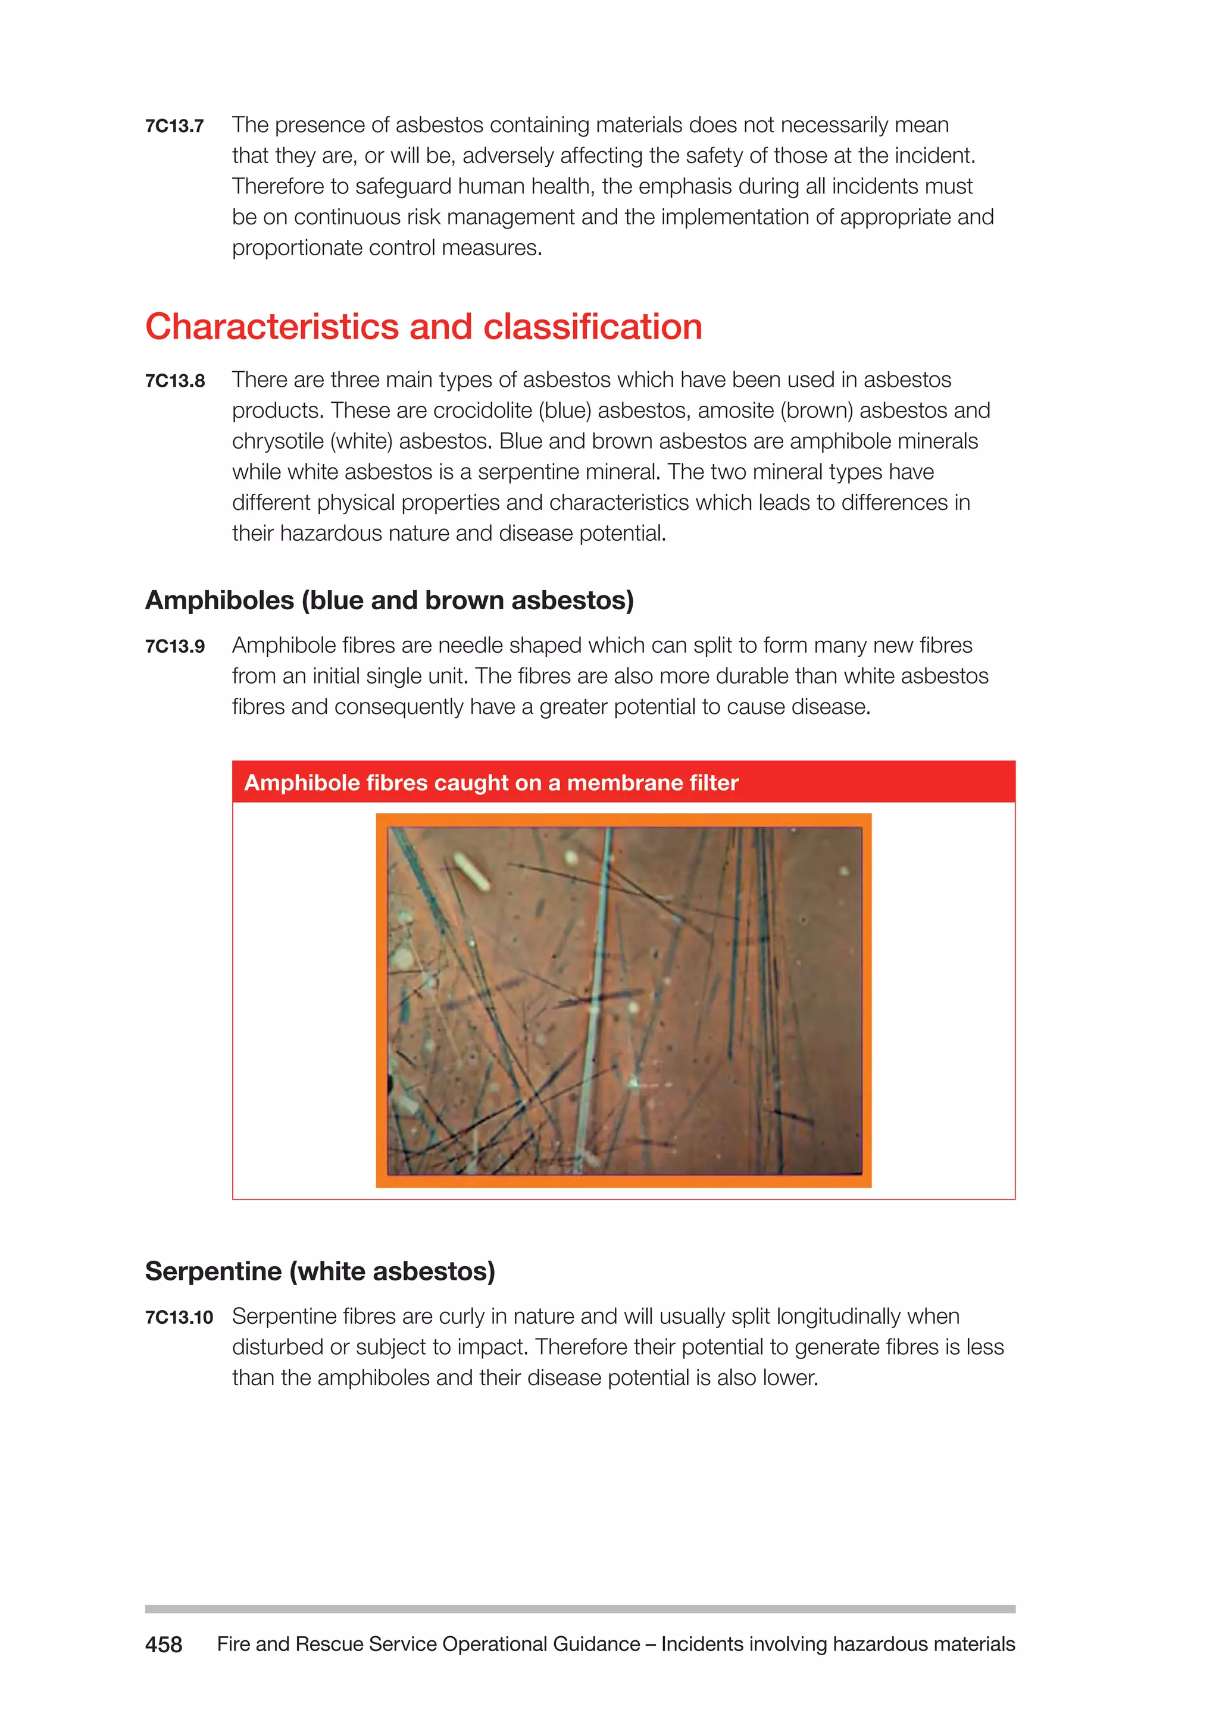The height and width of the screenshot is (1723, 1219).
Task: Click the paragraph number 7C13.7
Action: click(x=174, y=126)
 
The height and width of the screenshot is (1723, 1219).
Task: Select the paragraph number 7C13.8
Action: click(x=174, y=381)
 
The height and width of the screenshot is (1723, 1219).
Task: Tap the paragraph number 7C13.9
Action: click(x=174, y=647)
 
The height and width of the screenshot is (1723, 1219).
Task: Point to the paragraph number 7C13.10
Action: click(x=179, y=1318)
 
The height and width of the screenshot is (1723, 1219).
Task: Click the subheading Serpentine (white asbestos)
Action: click(x=320, y=1271)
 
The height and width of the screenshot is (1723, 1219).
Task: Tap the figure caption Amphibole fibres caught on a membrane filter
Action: click(x=491, y=783)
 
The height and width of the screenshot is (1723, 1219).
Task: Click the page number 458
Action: click(x=164, y=1644)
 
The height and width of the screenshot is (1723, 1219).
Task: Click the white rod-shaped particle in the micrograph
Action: click(x=472, y=871)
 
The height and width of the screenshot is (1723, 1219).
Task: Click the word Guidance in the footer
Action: click(x=596, y=1644)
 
